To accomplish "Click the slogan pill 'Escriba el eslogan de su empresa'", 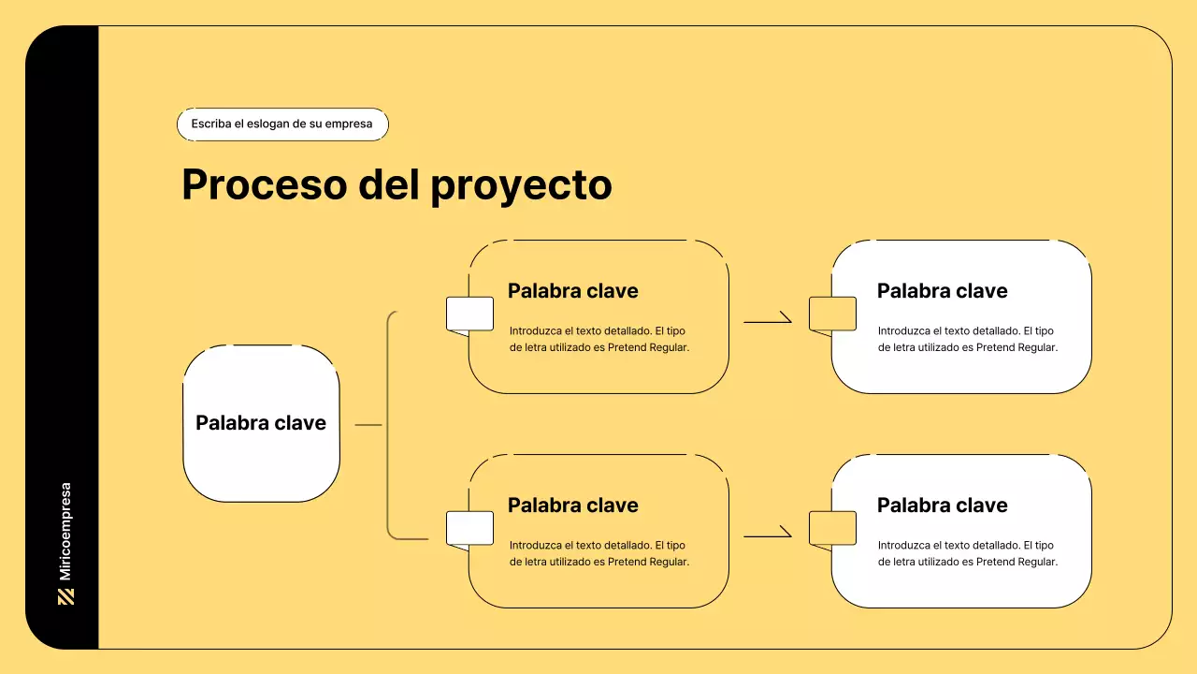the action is click(282, 125).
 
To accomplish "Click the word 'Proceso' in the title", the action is click(265, 184).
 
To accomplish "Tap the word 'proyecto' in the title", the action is click(521, 186).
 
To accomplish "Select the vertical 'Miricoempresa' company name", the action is click(65, 531).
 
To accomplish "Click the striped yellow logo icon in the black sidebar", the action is click(65, 597).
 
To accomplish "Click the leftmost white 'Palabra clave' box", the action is click(261, 423).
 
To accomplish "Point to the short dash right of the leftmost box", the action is click(368, 425).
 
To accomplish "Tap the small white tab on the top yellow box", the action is click(469, 314).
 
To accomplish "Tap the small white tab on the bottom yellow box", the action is click(469, 529).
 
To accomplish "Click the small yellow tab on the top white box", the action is click(832, 314).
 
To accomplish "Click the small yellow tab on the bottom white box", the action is click(832, 529).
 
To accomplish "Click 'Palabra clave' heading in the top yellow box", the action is click(573, 291).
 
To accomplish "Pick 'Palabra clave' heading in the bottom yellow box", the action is click(573, 505).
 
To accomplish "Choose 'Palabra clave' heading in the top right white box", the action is click(942, 291).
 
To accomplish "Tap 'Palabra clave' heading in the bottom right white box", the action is click(942, 505).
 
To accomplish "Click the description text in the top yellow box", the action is click(599, 339).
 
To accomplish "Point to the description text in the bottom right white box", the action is click(968, 553).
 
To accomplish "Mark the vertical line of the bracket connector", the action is click(388, 425).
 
